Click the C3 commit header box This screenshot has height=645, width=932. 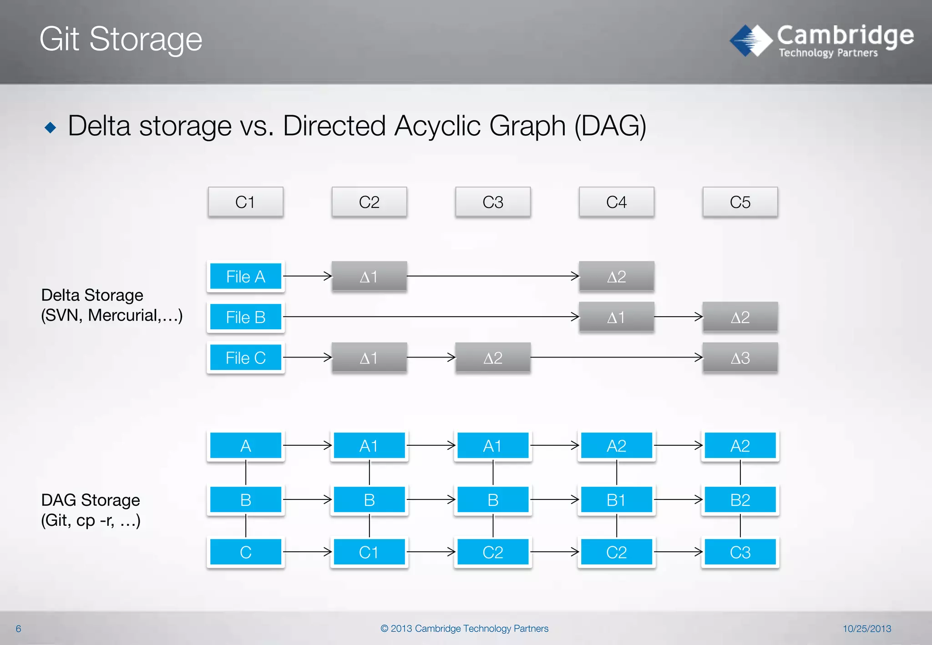click(493, 202)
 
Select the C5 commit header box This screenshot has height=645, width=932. click(740, 202)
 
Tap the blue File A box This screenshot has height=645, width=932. click(246, 276)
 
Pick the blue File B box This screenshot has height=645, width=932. click(246, 317)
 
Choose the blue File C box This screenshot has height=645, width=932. click(246, 358)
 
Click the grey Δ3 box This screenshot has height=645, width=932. click(740, 358)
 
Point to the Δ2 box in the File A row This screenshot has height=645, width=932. click(616, 276)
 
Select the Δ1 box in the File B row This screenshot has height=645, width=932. click(616, 317)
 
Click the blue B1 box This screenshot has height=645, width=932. click(616, 500)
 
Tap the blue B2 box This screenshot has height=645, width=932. click(740, 500)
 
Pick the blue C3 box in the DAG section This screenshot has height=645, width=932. click(740, 552)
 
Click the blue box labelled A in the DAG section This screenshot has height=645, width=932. click(246, 446)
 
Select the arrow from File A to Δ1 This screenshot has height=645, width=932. click(308, 276)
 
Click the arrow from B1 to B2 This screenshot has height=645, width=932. click(679, 500)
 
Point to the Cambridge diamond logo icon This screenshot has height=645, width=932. click(751, 40)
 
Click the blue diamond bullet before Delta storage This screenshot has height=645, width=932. click(51, 127)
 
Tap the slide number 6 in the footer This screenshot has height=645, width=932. click(18, 629)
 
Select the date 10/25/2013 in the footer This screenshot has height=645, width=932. click(866, 629)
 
